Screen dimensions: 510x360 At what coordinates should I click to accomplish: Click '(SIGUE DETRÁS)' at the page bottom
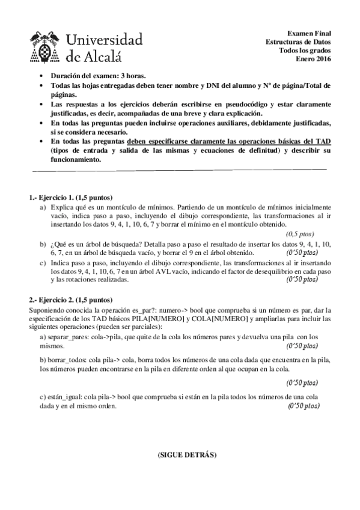tap(180, 455)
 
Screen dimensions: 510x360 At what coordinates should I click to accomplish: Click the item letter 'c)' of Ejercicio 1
tap(43, 263)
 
